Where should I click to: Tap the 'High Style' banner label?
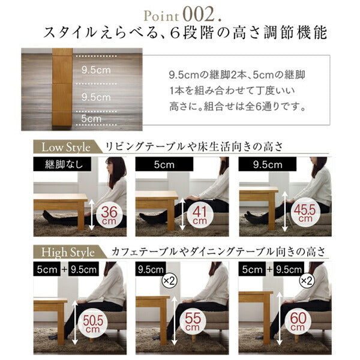(67, 251)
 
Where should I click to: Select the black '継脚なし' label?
(56, 164)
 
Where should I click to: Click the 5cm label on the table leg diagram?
(91, 119)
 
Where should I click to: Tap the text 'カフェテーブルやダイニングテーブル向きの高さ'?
(216, 251)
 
